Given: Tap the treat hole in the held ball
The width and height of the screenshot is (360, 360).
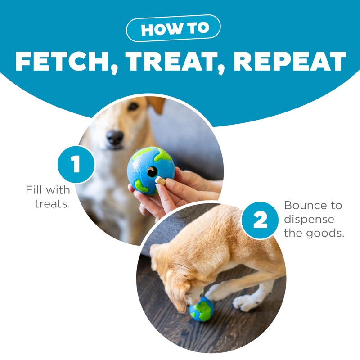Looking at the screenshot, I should point(152,171).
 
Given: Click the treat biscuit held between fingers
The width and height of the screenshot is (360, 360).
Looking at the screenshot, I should point(160,181).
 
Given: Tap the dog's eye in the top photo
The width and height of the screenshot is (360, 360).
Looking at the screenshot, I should point(133,107).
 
